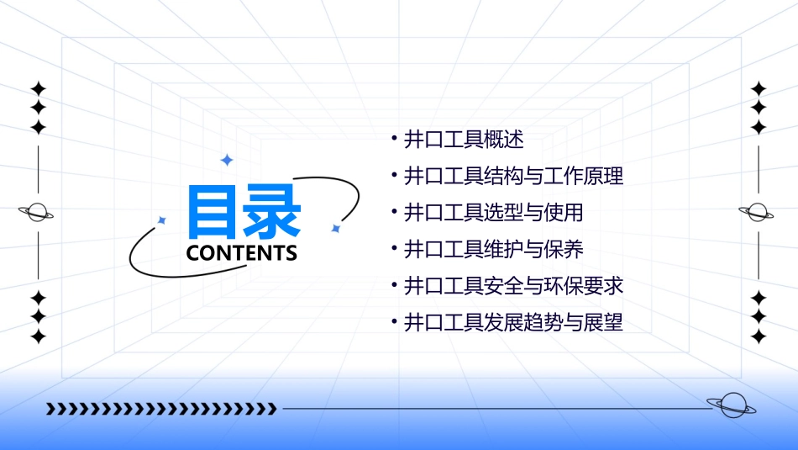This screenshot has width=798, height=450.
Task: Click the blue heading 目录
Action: [x=243, y=213]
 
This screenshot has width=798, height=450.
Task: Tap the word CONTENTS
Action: [x=242, y=253]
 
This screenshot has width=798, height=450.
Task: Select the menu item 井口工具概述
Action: [x=464, y=140]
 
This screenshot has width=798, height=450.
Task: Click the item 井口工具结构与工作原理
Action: [x=513, y=177]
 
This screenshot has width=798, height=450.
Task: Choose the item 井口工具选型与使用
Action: [x=493, y=213]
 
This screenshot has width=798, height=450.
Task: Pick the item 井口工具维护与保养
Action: [x=493, y=249]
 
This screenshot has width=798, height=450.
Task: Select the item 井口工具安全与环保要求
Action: [x=513, y=286]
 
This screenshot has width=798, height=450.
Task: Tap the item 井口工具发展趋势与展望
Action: [x=513, y=322]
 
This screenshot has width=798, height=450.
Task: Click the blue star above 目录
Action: [x=226, y=159]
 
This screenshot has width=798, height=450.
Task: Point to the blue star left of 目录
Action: [x=162, y=220]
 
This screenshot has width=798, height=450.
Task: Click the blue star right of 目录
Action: [x=335, y=228]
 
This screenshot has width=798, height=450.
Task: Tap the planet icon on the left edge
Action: [x=37, y=213]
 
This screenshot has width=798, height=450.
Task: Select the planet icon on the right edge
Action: [x=758, y=213]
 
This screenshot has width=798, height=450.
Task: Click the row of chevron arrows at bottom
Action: [x=161, y=410]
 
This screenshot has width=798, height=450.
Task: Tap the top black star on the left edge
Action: [x=37, y=88]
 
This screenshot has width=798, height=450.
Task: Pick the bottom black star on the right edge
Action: [x=759, y=336]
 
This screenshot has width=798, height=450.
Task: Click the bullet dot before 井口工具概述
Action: [x=394, y=136]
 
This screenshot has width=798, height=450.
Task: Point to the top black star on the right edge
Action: [x=759, y=88]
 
